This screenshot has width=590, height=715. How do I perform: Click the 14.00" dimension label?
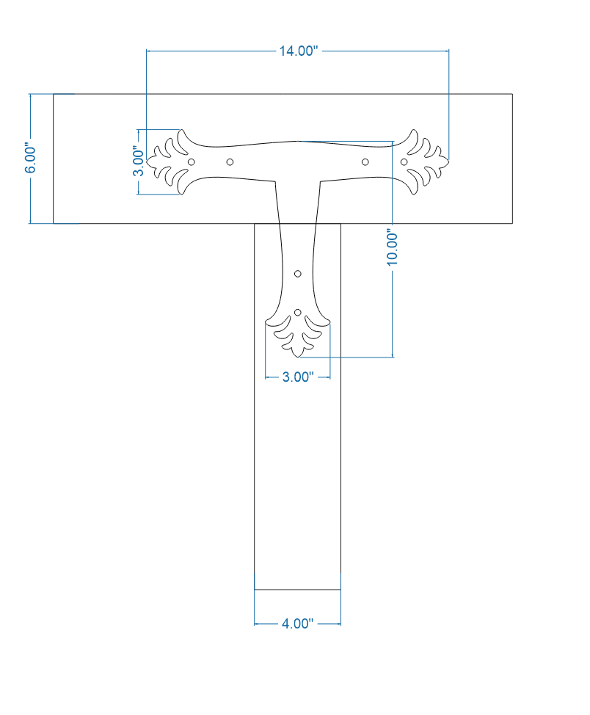coord(297,51)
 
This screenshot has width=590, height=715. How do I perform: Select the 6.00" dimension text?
coord(30,159)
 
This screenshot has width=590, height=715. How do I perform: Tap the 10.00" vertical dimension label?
coord(393,247)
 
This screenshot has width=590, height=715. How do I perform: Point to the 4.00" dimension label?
coord(297,624)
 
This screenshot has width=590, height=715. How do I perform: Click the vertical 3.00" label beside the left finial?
coord(138,161)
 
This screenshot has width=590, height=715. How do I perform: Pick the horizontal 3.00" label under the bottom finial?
coord(298,377)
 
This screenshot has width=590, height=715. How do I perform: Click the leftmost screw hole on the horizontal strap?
coord(192,161)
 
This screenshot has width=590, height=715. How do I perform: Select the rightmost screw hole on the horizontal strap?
coord(404,161)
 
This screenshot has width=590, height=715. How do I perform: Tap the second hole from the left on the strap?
coord(230,161)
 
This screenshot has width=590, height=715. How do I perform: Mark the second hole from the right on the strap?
coord(365,161)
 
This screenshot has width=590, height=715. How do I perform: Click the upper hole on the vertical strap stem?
coord(298,274)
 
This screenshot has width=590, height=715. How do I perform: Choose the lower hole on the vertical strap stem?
coord(298,313)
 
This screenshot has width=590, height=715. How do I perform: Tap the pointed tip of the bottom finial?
coord(298,357)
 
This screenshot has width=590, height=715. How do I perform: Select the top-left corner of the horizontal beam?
coord(54,94)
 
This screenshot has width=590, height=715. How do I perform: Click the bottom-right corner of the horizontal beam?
coord(512,223)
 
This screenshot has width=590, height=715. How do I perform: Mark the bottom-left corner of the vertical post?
coord(255,589)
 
